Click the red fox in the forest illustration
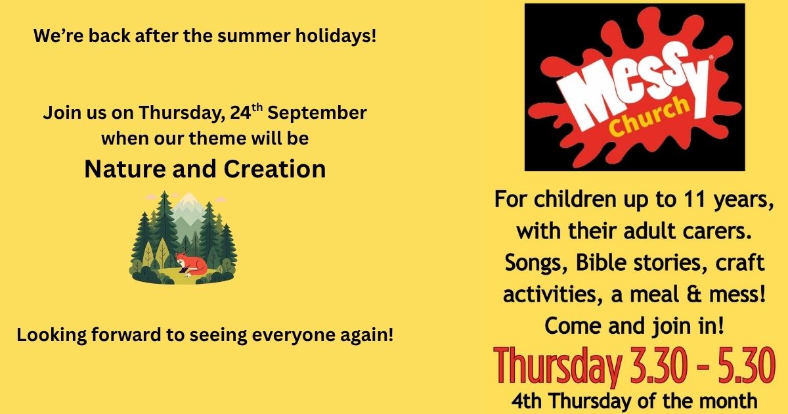[x=191, y=264]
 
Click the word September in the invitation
[x=317, y=113]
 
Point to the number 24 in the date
[x=240, y=113]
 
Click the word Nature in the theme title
[x=125, y=170]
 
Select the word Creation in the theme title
[x=274, y=170]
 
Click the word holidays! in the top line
[x=336, y=35]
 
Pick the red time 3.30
[x=658, y=365]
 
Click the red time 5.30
[x=747, y=365]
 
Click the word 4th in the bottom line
[x=526, y=401]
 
